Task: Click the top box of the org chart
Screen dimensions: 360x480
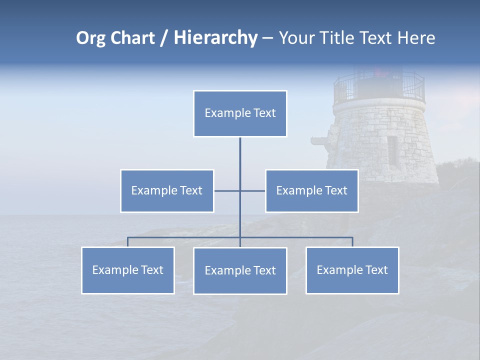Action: pyautogui.click(x=240, y=113)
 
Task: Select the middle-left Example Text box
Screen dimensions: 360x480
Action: pyautogui.click(x=167, y=190)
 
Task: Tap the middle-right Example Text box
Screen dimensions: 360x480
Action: pyautogui.click(x=311, y=190)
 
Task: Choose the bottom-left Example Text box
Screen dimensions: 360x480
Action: pyautogui.click(x=128, y=270)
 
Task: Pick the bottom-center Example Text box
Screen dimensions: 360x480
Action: pyautogui.click(x=240, y=270)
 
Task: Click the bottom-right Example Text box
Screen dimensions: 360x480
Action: pyautogui.click(x=352, y=270)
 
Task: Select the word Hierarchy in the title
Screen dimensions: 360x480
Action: pyautogui.click(x=215, y=38)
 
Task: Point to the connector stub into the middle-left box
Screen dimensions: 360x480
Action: pyautogui.click(x=226, y=190)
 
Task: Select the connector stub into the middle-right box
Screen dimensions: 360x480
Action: pyautogui.click(x=253, y=190)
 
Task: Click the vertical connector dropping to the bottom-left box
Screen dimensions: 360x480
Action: pyautogui.click(x=128, y=242)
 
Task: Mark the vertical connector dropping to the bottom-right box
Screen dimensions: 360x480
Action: pyautogui.click(x=352, y=242)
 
